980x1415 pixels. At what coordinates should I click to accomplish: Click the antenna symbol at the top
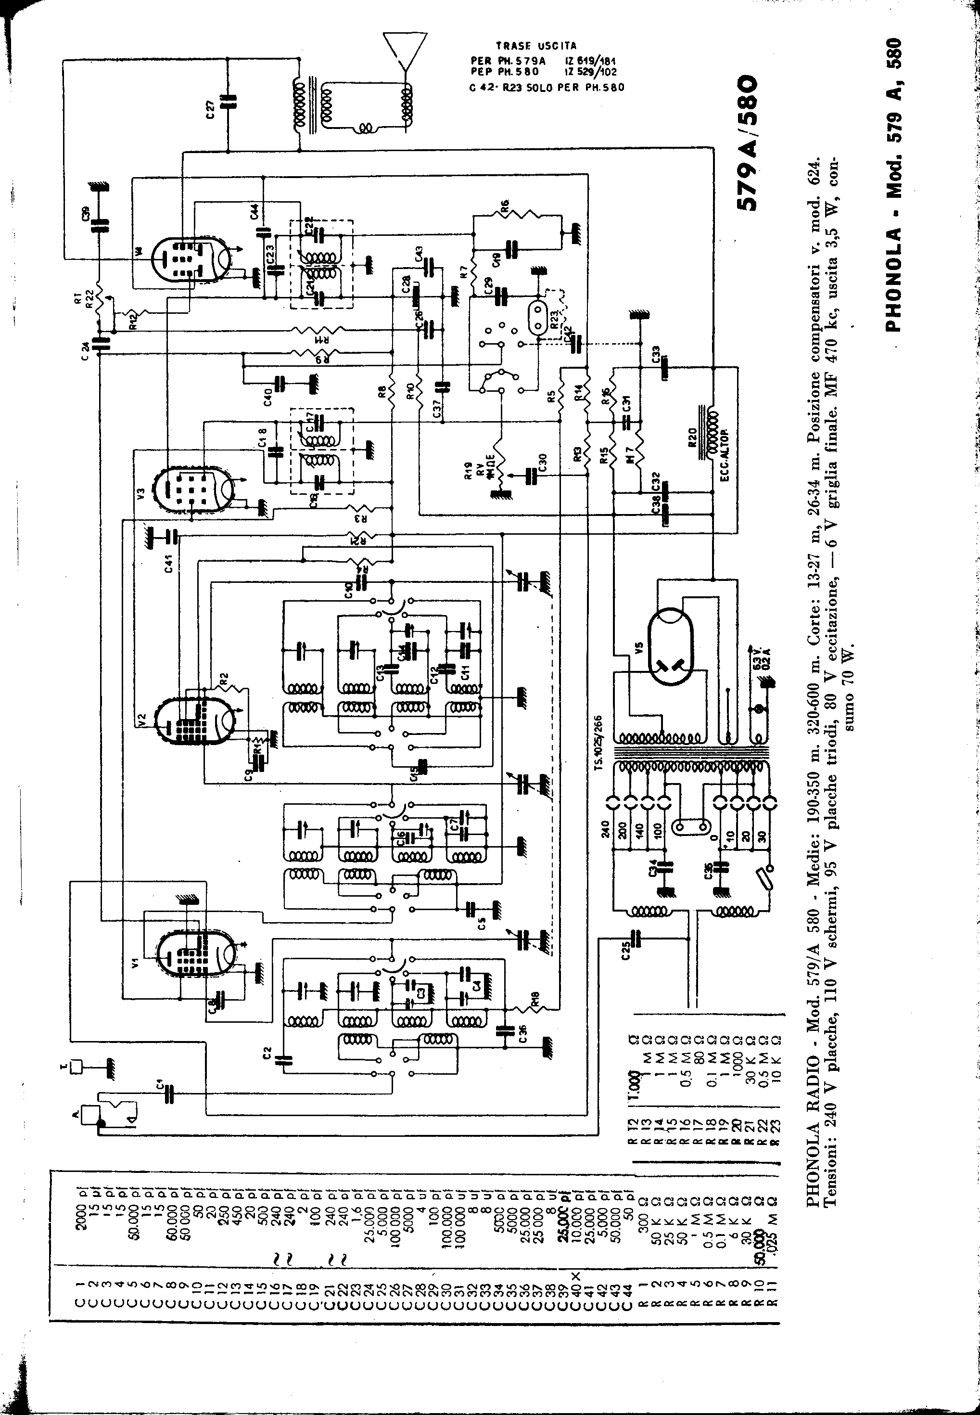pyautogui.click(x=405, y=49)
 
